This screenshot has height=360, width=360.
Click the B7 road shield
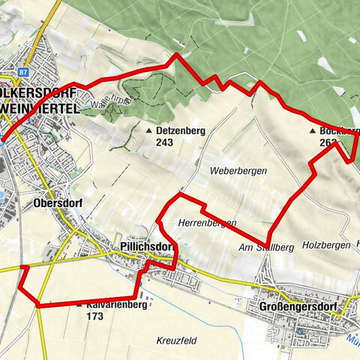click(22, 72)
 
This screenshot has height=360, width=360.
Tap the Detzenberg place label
click(181, 130)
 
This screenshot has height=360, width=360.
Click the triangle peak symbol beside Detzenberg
click(148, 130)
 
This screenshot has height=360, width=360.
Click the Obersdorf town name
click(56, 202)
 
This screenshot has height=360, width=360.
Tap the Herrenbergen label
click(208, 223)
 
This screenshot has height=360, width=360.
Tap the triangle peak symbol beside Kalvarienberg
click(79, 307)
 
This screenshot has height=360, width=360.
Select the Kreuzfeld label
click(177, 340)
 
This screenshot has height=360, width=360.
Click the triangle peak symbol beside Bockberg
click(313, 130)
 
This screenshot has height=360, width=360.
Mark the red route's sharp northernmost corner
click(177, 55)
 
